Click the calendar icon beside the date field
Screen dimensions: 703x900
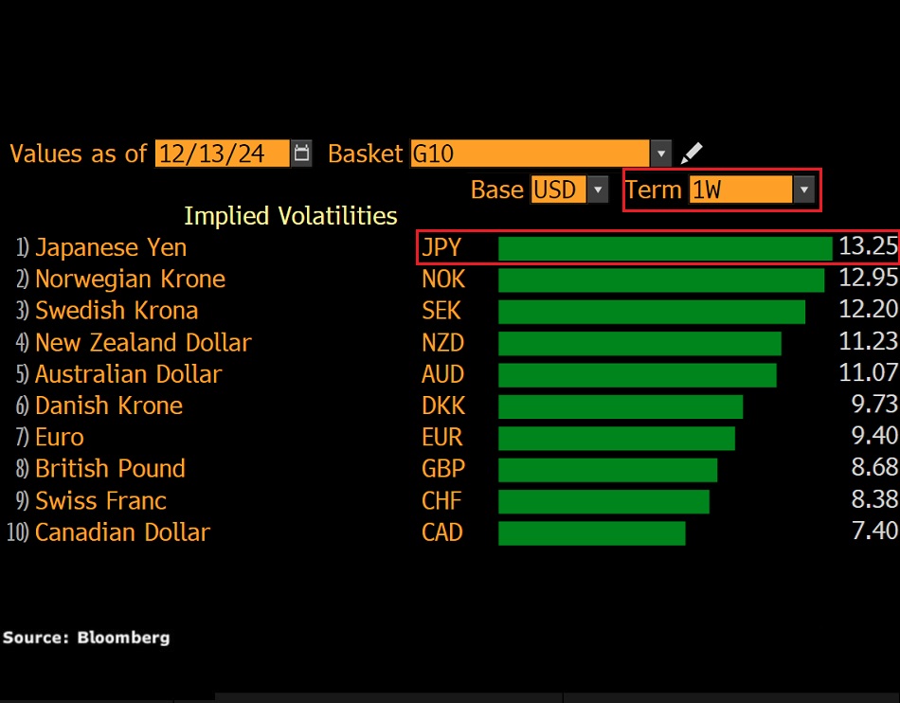(301, 153)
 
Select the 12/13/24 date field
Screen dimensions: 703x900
(223, 153)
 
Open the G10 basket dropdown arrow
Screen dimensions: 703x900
(660, 153)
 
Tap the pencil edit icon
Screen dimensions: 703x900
(693, 153)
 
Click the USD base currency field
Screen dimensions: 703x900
(558, 189)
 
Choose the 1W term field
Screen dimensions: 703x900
(739, 189)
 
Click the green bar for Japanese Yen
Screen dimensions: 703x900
(664, 248)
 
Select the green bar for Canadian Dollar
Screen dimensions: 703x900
(591, 532)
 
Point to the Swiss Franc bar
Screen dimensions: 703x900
(603, 501)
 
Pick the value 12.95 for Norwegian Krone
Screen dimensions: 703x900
(868, 279)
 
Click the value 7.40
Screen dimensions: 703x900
(874, 532)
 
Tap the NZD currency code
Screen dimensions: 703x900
(442, 343)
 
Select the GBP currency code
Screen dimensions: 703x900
(442, 469)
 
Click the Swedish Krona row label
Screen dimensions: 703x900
(116, 311)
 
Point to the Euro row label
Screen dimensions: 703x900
(59, 438)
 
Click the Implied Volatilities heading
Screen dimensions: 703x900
(290, 216)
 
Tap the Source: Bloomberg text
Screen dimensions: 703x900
(86, 638)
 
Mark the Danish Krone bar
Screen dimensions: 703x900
(621, 406)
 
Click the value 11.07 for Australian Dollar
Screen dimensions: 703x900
(868, 374)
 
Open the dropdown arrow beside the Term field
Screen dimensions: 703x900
(804, 189)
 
